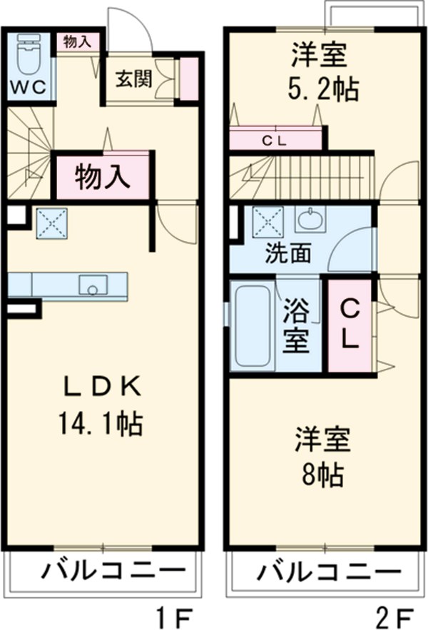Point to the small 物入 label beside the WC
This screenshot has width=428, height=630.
(76, 42)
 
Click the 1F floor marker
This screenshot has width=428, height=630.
(173, 613)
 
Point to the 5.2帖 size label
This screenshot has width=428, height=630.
(322, 90)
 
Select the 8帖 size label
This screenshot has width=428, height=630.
(323, 473)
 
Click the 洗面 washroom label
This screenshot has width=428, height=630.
(288, 253)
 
